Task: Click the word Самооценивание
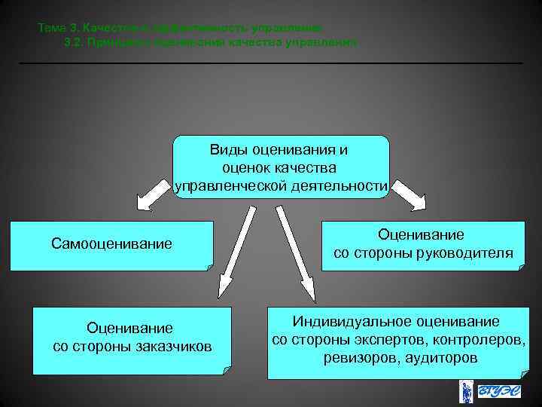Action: click(111, 244)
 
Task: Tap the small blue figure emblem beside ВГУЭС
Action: click(466, 393)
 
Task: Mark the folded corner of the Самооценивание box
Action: click(208, 265)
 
